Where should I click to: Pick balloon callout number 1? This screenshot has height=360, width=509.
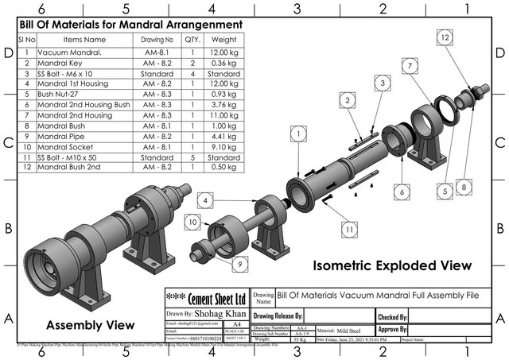(x=297, y=137)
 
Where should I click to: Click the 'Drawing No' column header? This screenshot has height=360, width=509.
(x=157, y=39)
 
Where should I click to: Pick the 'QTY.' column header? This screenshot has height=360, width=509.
(x=192, y=39)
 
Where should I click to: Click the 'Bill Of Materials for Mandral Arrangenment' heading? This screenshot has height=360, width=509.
(x=130, y=24)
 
